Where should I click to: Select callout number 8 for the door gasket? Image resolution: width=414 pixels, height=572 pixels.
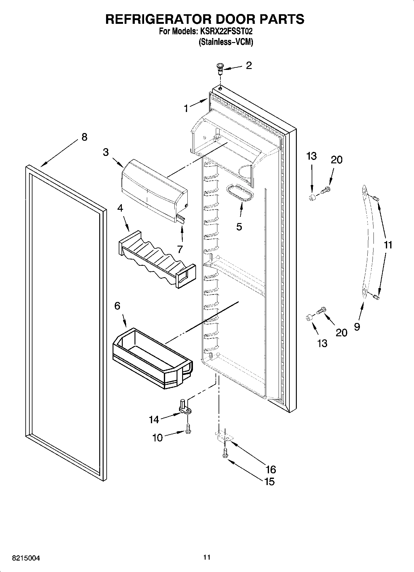pos(84,137)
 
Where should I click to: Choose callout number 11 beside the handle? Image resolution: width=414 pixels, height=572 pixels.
pos(388,245)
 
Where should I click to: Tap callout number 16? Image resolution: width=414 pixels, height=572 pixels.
pos(271,469)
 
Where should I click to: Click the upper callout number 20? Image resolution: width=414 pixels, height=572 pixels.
pos(336,160)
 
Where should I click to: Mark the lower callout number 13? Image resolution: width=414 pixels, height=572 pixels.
pos(322,343)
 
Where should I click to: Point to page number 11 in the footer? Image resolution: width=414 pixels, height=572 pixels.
pos(207,557)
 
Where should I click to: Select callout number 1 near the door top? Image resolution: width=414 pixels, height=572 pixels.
pos(186,108)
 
